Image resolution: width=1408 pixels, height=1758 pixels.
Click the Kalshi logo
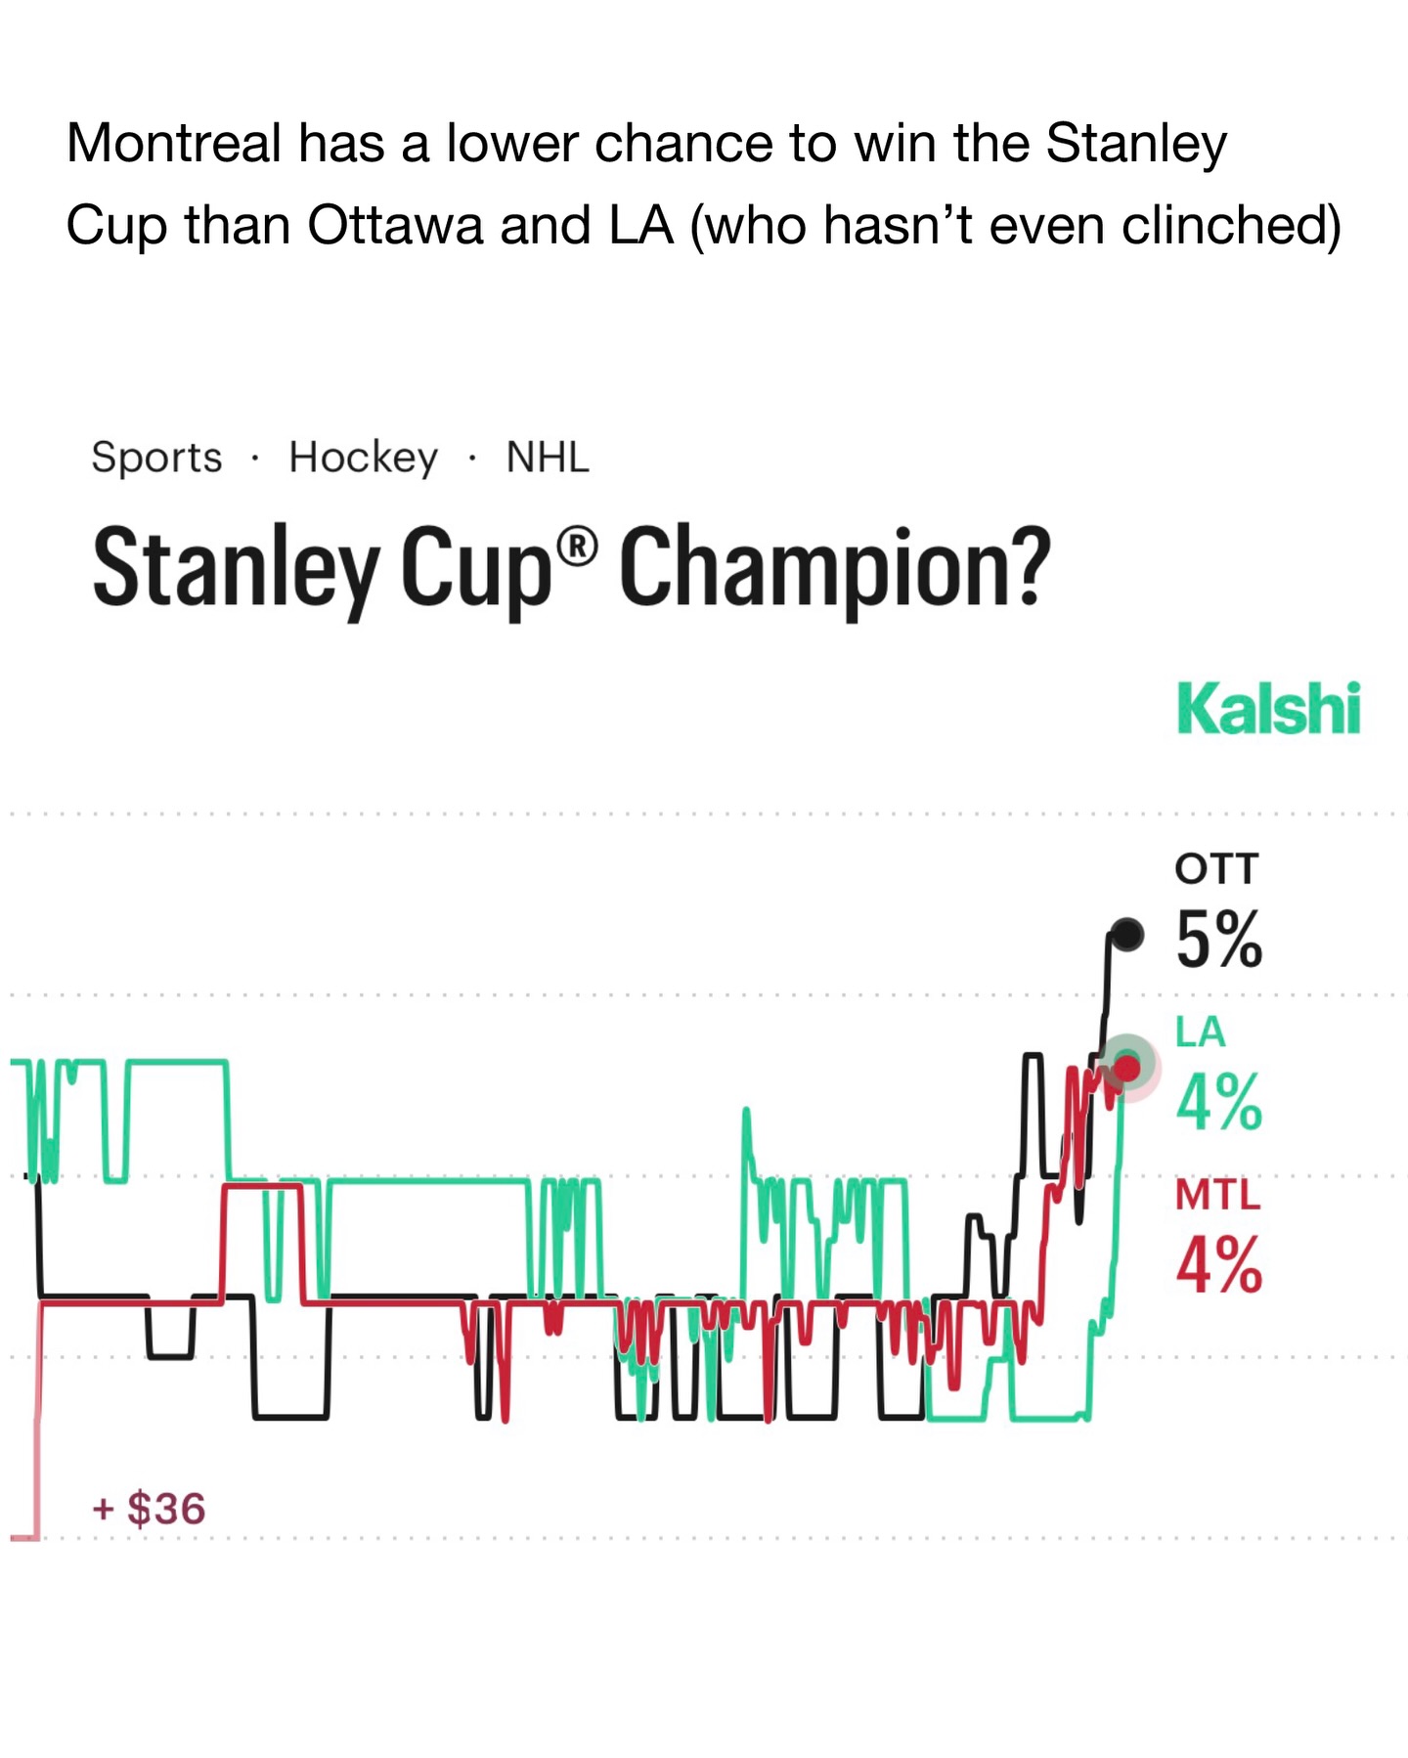(1268, 709)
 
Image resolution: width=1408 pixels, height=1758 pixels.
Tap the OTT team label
(1216, 869)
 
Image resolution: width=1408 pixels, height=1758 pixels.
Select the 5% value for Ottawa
(1218, 940)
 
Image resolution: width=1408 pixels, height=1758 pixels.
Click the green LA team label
(1200, 1032)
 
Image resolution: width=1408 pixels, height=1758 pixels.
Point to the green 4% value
(1218, 1102)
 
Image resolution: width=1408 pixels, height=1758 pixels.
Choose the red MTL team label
(1217, 1195)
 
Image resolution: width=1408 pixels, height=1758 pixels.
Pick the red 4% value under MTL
(1218, 1265)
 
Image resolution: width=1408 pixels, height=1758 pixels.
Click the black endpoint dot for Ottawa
(1127, 934)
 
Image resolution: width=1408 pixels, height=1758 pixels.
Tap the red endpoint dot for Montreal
(1127, 1068)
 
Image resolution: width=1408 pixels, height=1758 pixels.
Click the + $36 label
(149, 1509)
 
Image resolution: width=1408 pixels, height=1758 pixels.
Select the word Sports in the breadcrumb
(156, 458)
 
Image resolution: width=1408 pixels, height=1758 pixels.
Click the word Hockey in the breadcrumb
(363, 458)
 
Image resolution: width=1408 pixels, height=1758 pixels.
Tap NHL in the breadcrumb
(548, 458)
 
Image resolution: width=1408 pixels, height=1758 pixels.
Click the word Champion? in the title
(834, 569)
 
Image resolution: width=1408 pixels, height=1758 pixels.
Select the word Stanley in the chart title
(235, 569)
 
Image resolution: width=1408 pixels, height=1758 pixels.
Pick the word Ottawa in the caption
(396, 226)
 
